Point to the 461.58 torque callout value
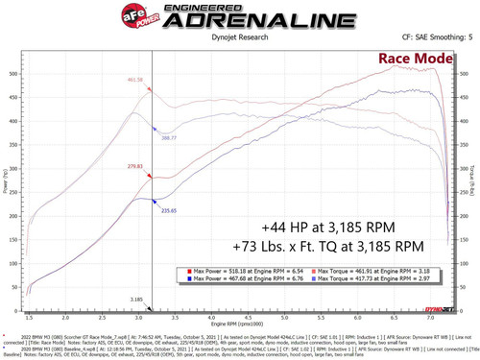tap(135, 80)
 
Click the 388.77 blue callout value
tap(168, 138)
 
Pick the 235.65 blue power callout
tap(170, 208)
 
